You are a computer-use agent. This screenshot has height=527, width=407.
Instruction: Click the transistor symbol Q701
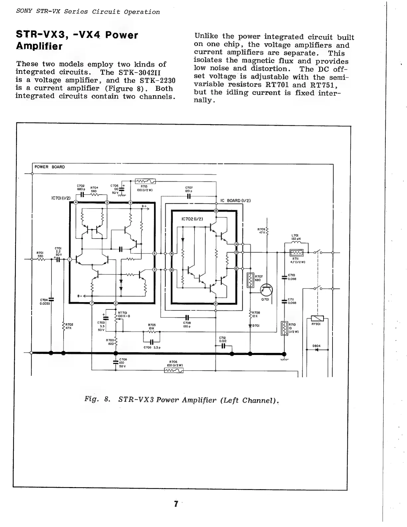(x=266, y=290)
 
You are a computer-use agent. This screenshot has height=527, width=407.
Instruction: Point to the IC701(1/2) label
(x=61, y=198)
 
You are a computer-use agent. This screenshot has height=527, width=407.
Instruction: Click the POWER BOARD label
(x=50, y=167)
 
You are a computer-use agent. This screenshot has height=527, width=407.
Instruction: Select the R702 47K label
(x=69, y=326)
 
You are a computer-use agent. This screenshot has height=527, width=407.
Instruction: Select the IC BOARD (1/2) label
(x=235, y=201)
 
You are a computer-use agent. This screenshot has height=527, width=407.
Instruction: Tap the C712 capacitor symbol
(x=223, y=346)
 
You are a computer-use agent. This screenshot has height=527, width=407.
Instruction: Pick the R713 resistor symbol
(x=146, y=181)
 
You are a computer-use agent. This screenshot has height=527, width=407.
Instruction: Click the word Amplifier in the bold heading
(x=39, y=46)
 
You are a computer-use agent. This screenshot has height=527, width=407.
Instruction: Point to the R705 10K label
(x=152, y=326)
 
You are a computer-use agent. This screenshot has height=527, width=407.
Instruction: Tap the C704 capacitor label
(x=44, y=301)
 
